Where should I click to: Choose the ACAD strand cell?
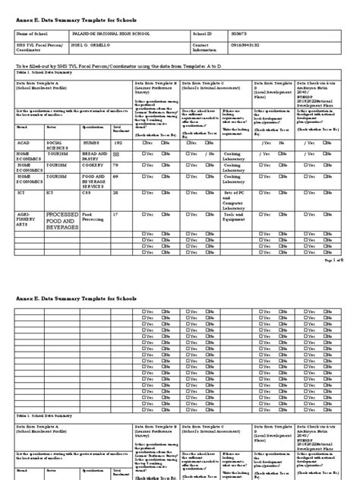pyautogui.click(x=24, y=142)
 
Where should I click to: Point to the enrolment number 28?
pyautogui.click(x=116, y=194)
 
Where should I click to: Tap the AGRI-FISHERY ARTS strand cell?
pyautogui.click(x=27, y=220)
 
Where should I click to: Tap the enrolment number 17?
pyautogui.click(x=116, y=215)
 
